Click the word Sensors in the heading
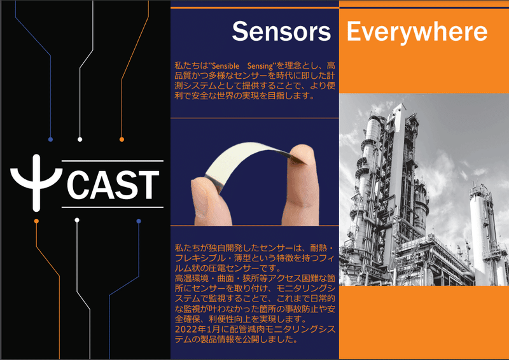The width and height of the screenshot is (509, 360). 281,31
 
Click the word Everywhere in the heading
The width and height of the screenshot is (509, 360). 417,32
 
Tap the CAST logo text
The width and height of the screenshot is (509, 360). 113,184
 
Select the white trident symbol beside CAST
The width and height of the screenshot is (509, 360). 36,183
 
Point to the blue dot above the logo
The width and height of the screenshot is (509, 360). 50,139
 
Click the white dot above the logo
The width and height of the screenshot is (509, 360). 80,139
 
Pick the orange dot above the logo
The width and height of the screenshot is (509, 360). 122,139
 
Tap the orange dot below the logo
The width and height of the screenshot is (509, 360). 36,221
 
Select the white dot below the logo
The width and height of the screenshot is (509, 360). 77,220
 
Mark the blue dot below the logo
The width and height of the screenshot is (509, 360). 139,221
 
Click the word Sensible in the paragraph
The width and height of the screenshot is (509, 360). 226,66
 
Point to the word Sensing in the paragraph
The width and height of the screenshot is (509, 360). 260,66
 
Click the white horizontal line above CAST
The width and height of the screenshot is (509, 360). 113,161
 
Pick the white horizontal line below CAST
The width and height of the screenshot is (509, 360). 113,207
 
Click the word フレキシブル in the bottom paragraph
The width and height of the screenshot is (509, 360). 200,258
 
